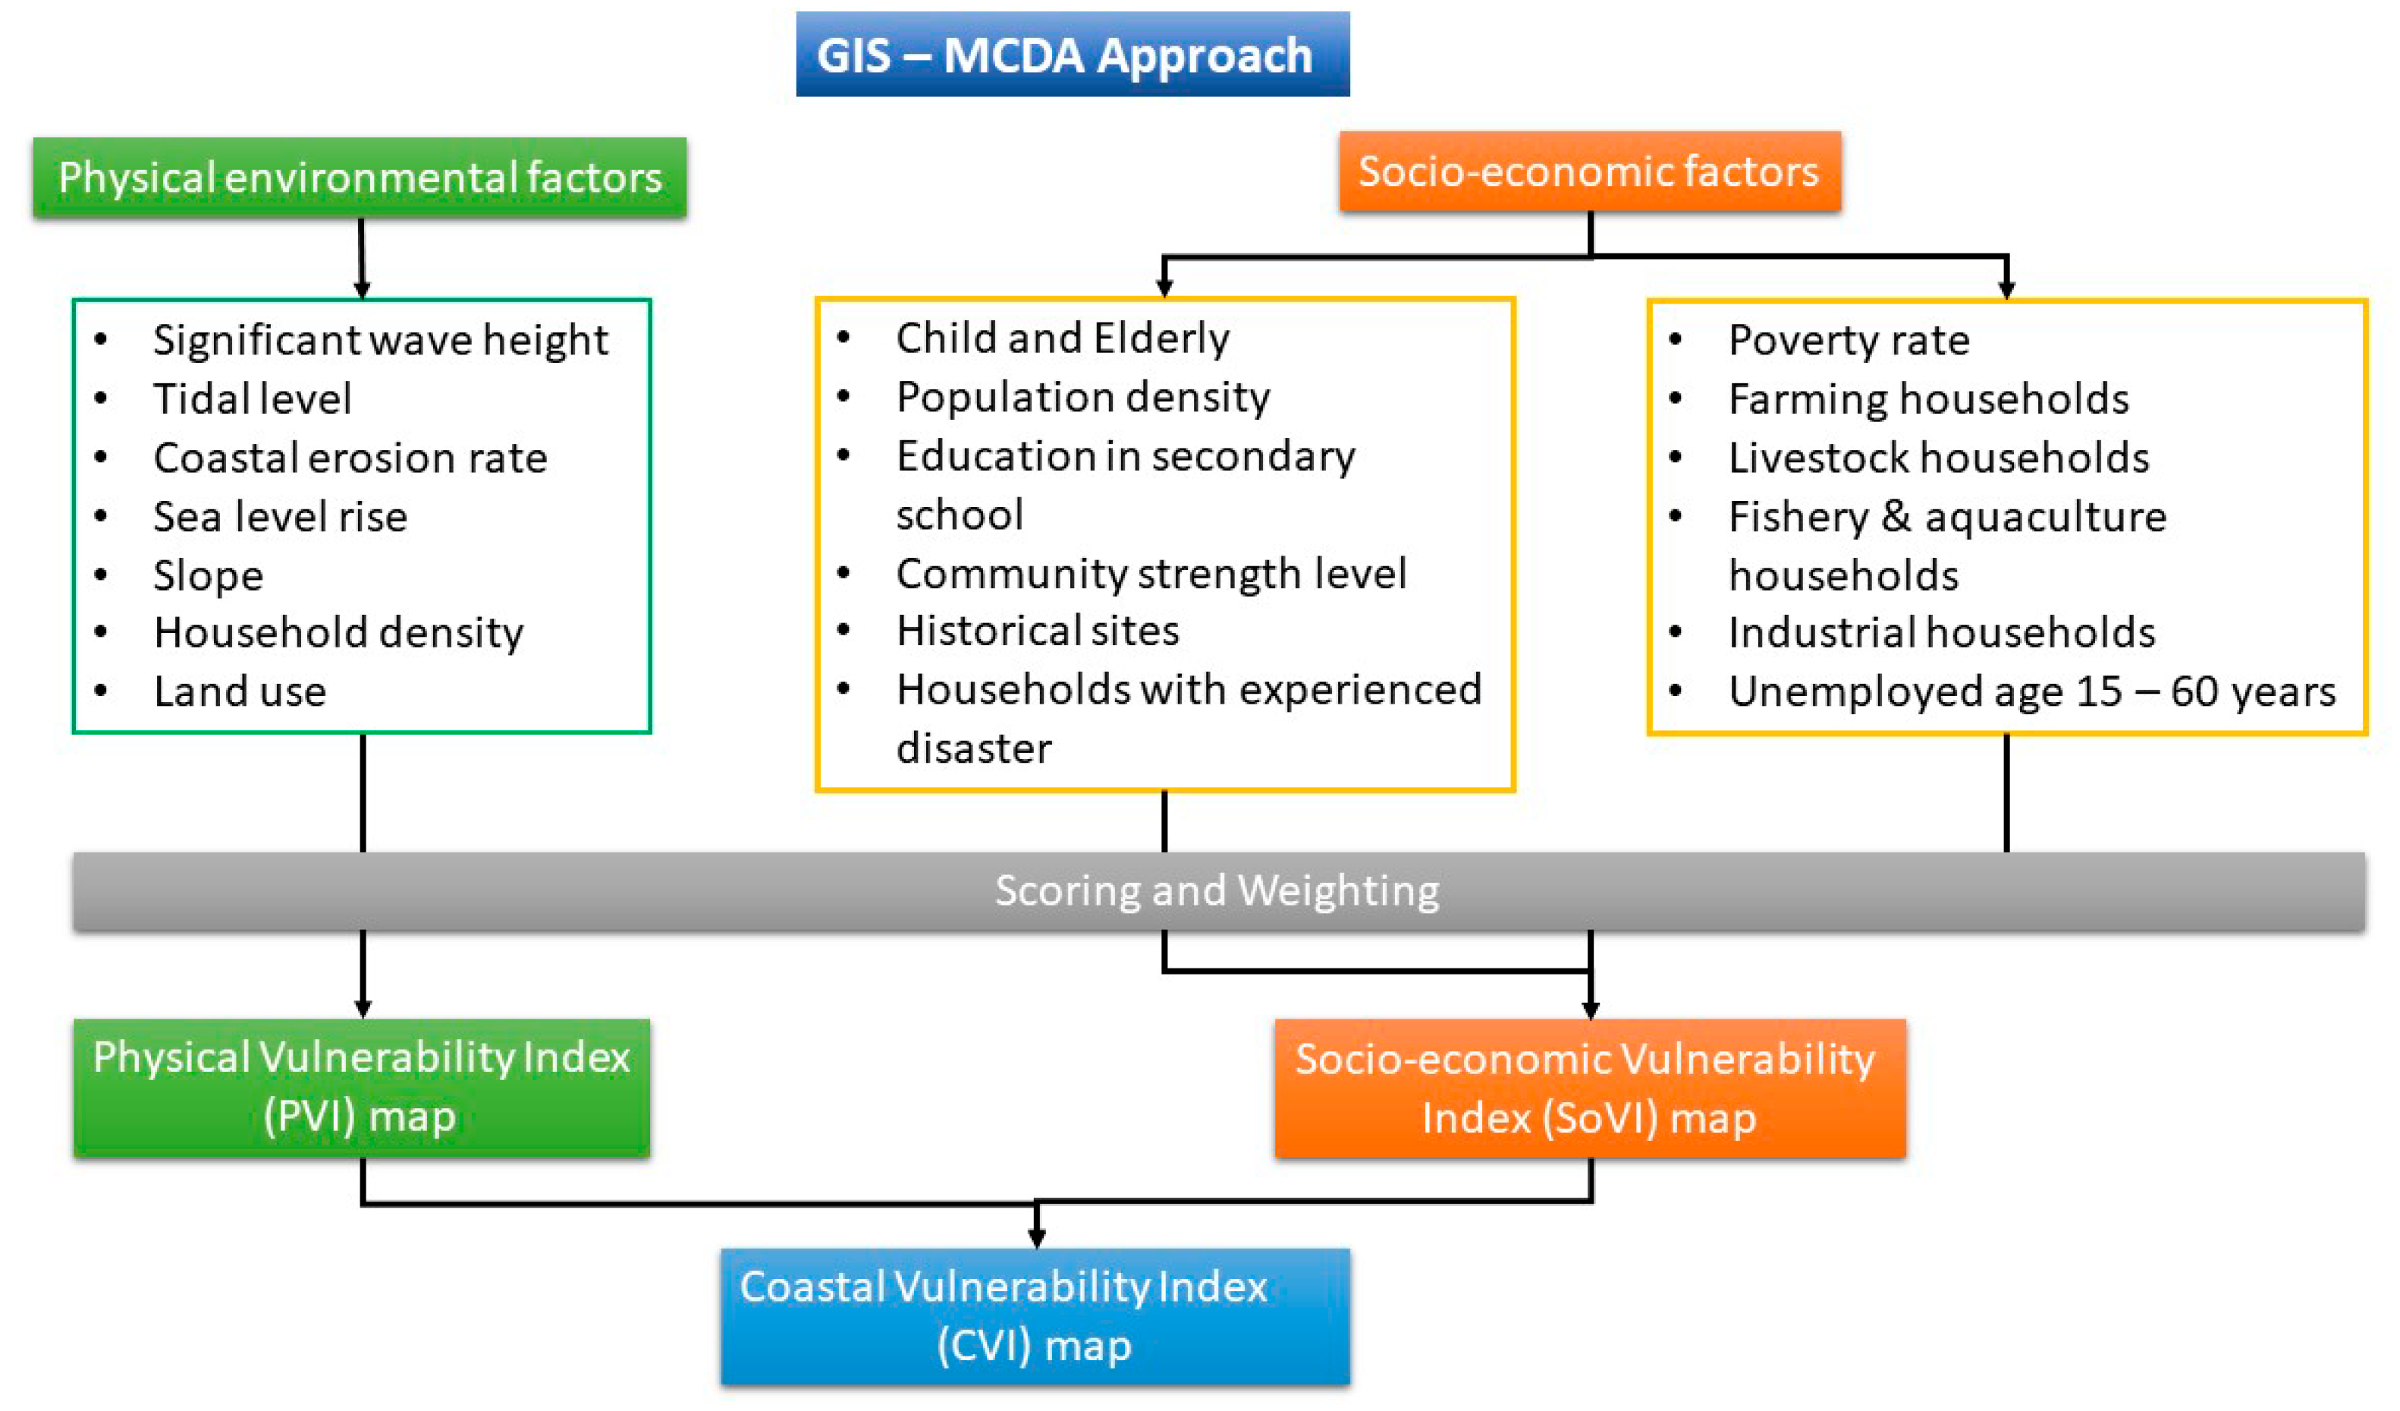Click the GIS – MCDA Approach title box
pos(1073,55)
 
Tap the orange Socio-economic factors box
pos(1588,172)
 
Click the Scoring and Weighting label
pos(1217,891)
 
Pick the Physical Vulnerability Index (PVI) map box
pos(362,1087)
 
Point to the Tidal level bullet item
pos(253,399)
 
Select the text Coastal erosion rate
pos(350,458)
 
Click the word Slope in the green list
pos(209,576)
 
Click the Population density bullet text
pos(1083,397)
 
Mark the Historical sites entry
pos(1037,631)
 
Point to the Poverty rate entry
pos(1849,341)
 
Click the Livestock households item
pos(1938,458)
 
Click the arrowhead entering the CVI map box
pos(1036,1238)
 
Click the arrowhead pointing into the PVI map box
pos(363,1008)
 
